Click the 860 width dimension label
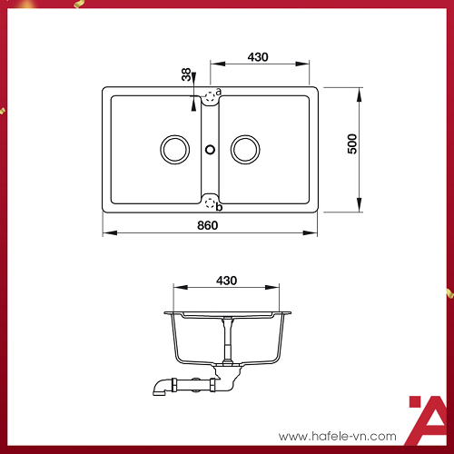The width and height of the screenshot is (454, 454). tap(207, 225)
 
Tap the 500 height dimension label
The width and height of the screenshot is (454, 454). tap(352, 143)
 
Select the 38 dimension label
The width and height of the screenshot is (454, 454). tap(186, 74)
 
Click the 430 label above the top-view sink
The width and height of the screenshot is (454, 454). tap(258, 57)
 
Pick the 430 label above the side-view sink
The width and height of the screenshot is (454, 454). tap(226, 281)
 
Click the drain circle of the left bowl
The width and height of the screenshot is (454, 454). tap(175, 150)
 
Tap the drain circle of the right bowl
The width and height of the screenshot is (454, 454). tap(245, 150)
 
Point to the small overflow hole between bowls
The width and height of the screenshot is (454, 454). tap(210, 150)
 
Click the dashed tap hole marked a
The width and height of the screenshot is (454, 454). tap(210, 97)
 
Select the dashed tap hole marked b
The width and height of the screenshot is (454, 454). tap(210, 202)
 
